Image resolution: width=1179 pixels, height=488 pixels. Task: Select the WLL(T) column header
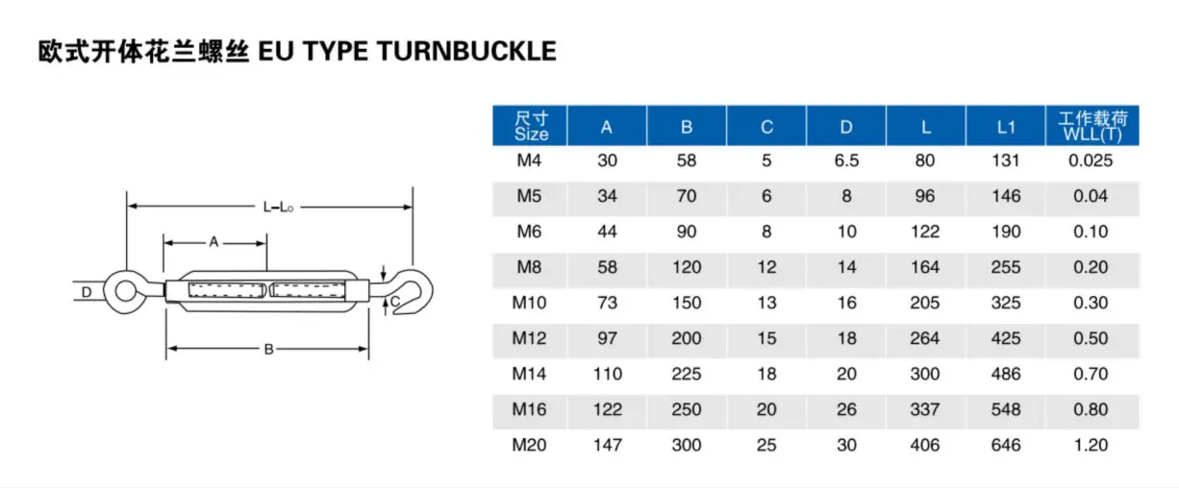[x=1091, y=126]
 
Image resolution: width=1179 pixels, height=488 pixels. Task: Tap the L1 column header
[x=1006, y=126]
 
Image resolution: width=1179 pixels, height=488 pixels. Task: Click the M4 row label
[x=529, y=160]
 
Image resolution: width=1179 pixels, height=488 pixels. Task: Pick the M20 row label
[x=529, y=445]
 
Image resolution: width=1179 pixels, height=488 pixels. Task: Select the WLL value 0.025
[x=1091, y=160]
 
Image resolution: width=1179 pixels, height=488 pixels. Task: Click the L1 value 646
[x=1006, y=445]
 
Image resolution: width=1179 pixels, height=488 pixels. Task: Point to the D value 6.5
[x=846, y=160]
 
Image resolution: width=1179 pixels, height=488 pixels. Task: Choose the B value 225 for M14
[x=687, y=374]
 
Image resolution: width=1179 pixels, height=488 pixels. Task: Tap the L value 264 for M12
[x=925, y=338]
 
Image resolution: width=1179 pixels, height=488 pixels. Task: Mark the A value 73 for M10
[x=608, y=303]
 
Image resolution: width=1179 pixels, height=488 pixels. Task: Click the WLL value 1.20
[x=1091, y=445]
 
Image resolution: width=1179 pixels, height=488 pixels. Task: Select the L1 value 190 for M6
[x=1006, y=232]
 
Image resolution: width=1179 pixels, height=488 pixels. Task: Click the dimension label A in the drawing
[x=214, y=243]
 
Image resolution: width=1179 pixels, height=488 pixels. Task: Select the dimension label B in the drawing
[x=268, y=349]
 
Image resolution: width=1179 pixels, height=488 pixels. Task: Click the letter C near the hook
[x=394, y=302]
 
